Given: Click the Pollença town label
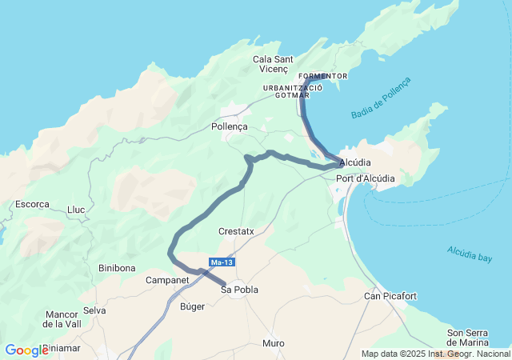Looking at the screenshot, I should tap(230, 126).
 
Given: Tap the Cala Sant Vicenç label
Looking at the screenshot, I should tap(274, 64).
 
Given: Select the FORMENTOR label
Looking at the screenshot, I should tap(322, 76).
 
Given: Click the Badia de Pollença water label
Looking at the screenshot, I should tap(381, 98).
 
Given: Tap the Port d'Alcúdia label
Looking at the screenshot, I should tap(366, 178).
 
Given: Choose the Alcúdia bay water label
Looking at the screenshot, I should tap(470, 254).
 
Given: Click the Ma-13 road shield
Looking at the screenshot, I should tap(222, 262).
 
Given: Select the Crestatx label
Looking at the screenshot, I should tap(236, 231).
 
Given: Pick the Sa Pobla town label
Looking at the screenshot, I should tap(240, 290).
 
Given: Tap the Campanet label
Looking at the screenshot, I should tap(167, 281).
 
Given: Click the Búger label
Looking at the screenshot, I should tap(193, 306).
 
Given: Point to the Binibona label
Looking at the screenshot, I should tap(117, 268).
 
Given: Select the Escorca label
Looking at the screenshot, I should tap(32, 204).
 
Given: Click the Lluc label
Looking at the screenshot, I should tap(76, 210).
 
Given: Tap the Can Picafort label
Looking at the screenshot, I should tap(390, 296).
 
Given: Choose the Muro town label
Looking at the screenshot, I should tap(274, 343).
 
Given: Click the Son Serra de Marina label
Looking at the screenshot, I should tap(468, 338).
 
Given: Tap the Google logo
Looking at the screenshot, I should tap(26, 350).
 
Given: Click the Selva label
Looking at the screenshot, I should tap(94, 310).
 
